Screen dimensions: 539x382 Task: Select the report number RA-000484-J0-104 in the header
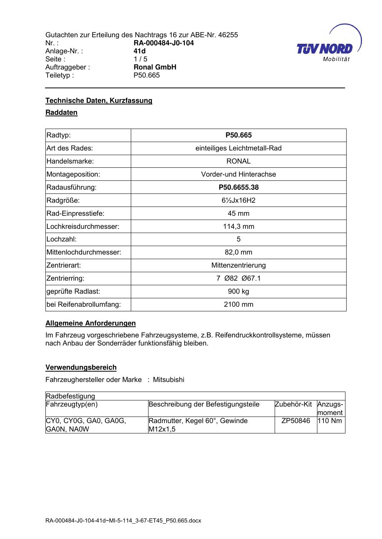coord(163,43)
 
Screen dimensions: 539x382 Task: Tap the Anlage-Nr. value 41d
coord(139,51)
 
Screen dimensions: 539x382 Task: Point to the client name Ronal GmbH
coord(155,67)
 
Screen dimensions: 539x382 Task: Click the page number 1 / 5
coord(140,59)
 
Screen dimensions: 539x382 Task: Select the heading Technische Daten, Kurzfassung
coord(99,101)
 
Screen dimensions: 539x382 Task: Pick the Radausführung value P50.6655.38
coord(239,187)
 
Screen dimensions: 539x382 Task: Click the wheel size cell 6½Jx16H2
coord(239,200)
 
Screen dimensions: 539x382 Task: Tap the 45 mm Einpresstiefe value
coord(239,213)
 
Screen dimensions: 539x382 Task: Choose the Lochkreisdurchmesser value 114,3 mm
coord(239,227)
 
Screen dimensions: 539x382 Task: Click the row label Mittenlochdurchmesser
coord(84,253)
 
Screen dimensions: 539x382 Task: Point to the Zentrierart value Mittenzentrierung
coord(239,265)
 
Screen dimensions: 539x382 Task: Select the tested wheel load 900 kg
coord(239,291)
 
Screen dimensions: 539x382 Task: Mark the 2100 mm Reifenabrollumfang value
coord(239,304)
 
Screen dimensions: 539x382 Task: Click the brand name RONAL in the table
coord(239,161)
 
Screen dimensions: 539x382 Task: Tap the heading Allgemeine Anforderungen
coord(90,323)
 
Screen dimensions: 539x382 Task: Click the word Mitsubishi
coord(168,380)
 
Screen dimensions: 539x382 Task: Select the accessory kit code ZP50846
coord(295,421)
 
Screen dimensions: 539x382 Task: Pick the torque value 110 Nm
coord(330,421)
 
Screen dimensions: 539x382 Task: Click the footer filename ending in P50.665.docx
coord(123,521)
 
